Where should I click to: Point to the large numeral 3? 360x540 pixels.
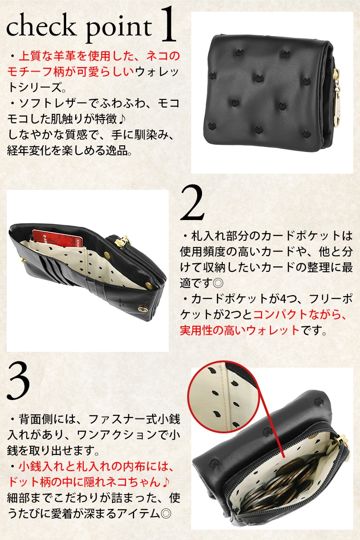(x=18, y=386)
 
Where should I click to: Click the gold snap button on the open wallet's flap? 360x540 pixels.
(x=141, y=310)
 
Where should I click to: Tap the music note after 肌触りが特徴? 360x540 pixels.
(x=122, y=120)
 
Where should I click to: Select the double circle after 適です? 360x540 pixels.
(x=218, y=283)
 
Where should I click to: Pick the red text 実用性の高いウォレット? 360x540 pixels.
(x=240, y=330)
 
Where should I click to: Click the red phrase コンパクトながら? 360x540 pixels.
(x=300, y=315)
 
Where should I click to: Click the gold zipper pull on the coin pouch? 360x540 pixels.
(x=345, y=444)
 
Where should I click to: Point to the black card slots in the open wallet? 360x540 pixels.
(x=52, y=266)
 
